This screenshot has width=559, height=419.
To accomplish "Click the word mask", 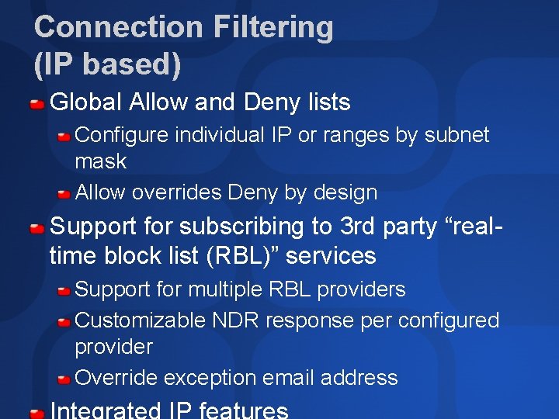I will click(100, 161).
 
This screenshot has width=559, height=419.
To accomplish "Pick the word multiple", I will click(224, 289).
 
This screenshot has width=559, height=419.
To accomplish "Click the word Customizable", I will click(141, 320).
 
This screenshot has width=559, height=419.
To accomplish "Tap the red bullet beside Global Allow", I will click(36, 103).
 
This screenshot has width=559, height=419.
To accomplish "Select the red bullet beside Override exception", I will click(64, 379).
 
